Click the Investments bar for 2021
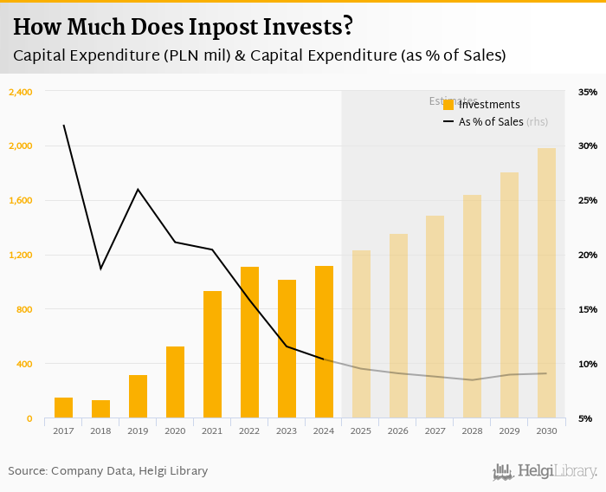point(212,354)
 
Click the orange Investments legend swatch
point(448,105)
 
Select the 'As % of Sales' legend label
point(491,122)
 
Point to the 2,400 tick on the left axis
point(20,92)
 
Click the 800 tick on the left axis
point(23,309)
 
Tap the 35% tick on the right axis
point(589,92)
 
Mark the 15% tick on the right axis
point(589,309)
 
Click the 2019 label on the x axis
point(138,430)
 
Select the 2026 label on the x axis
point(398,430)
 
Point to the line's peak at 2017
point(63,125)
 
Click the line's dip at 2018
point(100,269)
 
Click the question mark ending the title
point(347,26)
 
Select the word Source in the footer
point(27,471)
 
